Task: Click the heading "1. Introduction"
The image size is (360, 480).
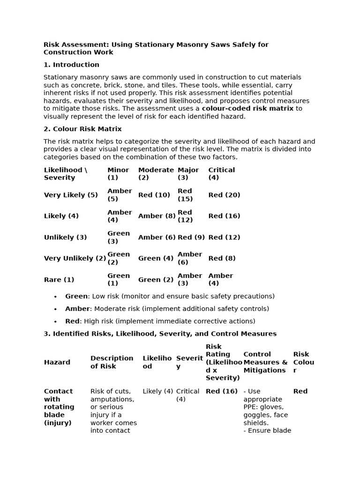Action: [x=71, y=65]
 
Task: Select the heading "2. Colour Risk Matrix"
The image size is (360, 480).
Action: [x=82, y=129]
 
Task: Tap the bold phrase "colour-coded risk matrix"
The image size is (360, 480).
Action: [x=247, y=108]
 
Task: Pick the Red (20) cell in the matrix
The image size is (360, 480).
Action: [x=224, y=195]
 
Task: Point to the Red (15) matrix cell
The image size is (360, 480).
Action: [x=185, y=195]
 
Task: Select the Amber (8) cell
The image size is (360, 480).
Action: [x=157, y=216]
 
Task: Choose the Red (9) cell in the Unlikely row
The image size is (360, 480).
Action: [x=191, y=237]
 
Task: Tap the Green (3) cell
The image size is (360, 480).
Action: [x=119, y=237]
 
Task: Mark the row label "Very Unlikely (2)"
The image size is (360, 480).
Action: [x=75, y=258]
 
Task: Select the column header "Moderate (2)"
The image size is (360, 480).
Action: [x=156, y=174]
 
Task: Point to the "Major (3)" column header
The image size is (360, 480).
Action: [x=188, y=174]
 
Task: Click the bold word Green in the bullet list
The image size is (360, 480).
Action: [x=76, y=296]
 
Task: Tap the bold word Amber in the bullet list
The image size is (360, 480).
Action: [x=77, y=309]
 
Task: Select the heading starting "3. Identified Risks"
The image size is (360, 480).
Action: [x=160, y=334]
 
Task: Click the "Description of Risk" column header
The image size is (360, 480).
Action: [x=112, y=362]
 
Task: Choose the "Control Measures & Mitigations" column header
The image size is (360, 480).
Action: [x=265, y=362]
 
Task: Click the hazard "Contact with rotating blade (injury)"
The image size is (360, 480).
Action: [x=59, y=407]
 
